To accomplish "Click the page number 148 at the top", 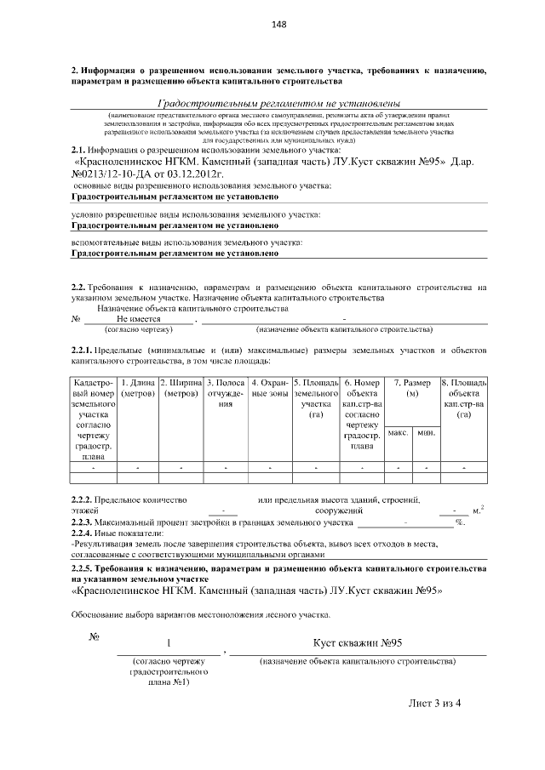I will (x=278, y=24).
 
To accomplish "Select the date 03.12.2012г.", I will (x=193, y=173).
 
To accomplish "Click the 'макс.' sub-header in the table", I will (x=398, y=434).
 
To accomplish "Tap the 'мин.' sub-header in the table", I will (x=425, y=434).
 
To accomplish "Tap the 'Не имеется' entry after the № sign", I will (x=137, y=318).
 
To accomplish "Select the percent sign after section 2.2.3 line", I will (x=458, y=522).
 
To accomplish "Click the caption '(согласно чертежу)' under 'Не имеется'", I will (x=138, y=328).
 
